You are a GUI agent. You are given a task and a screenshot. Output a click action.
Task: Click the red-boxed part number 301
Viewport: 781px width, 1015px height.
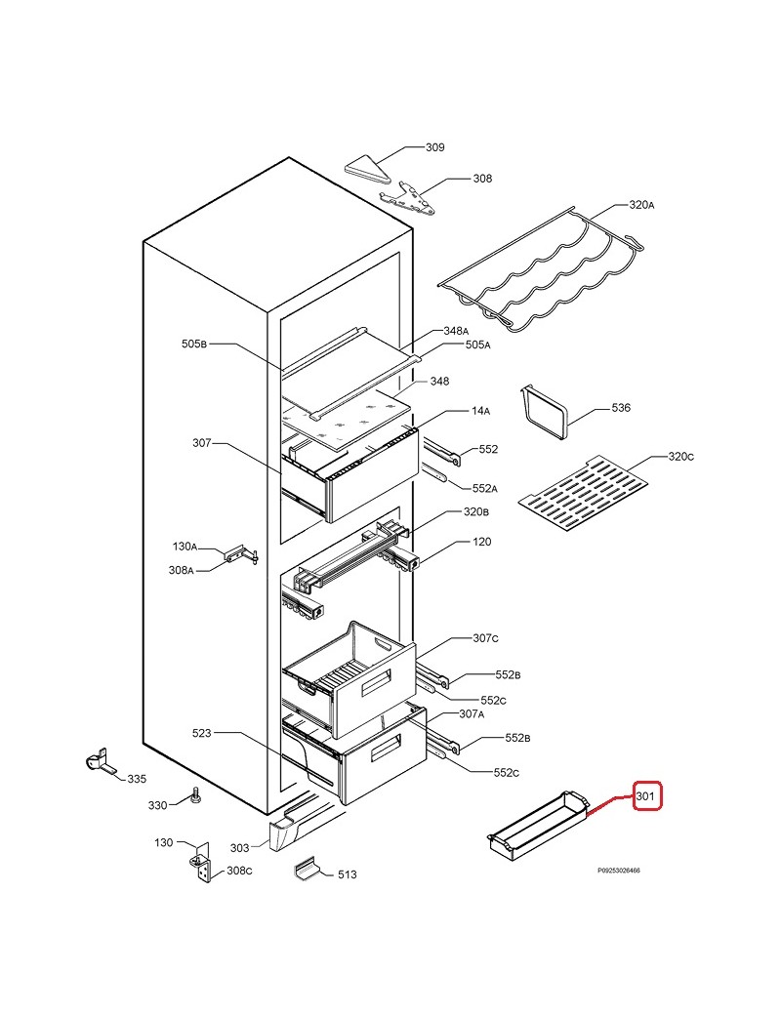(645, 795)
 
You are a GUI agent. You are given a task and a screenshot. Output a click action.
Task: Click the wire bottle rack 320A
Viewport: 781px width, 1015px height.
(541, 269)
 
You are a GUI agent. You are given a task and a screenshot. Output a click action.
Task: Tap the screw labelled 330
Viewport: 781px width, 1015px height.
(195, 795)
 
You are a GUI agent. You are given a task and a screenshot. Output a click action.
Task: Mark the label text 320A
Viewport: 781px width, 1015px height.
(641, 205)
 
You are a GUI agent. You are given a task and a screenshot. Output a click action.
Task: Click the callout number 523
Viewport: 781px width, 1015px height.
(201, 733)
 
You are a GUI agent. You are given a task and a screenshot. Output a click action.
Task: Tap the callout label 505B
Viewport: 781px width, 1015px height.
(193, 344)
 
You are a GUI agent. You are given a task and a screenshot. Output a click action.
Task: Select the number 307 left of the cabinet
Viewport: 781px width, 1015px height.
(201, 443)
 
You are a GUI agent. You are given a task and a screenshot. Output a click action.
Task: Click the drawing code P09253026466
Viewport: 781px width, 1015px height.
(618, 871)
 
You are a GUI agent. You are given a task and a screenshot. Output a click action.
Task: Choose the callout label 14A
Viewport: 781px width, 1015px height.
(480, 411)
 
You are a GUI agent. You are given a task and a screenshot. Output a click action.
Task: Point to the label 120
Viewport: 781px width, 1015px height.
(482, 541)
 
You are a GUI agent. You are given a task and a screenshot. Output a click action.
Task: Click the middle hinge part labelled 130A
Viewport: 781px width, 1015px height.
(242, 555)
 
